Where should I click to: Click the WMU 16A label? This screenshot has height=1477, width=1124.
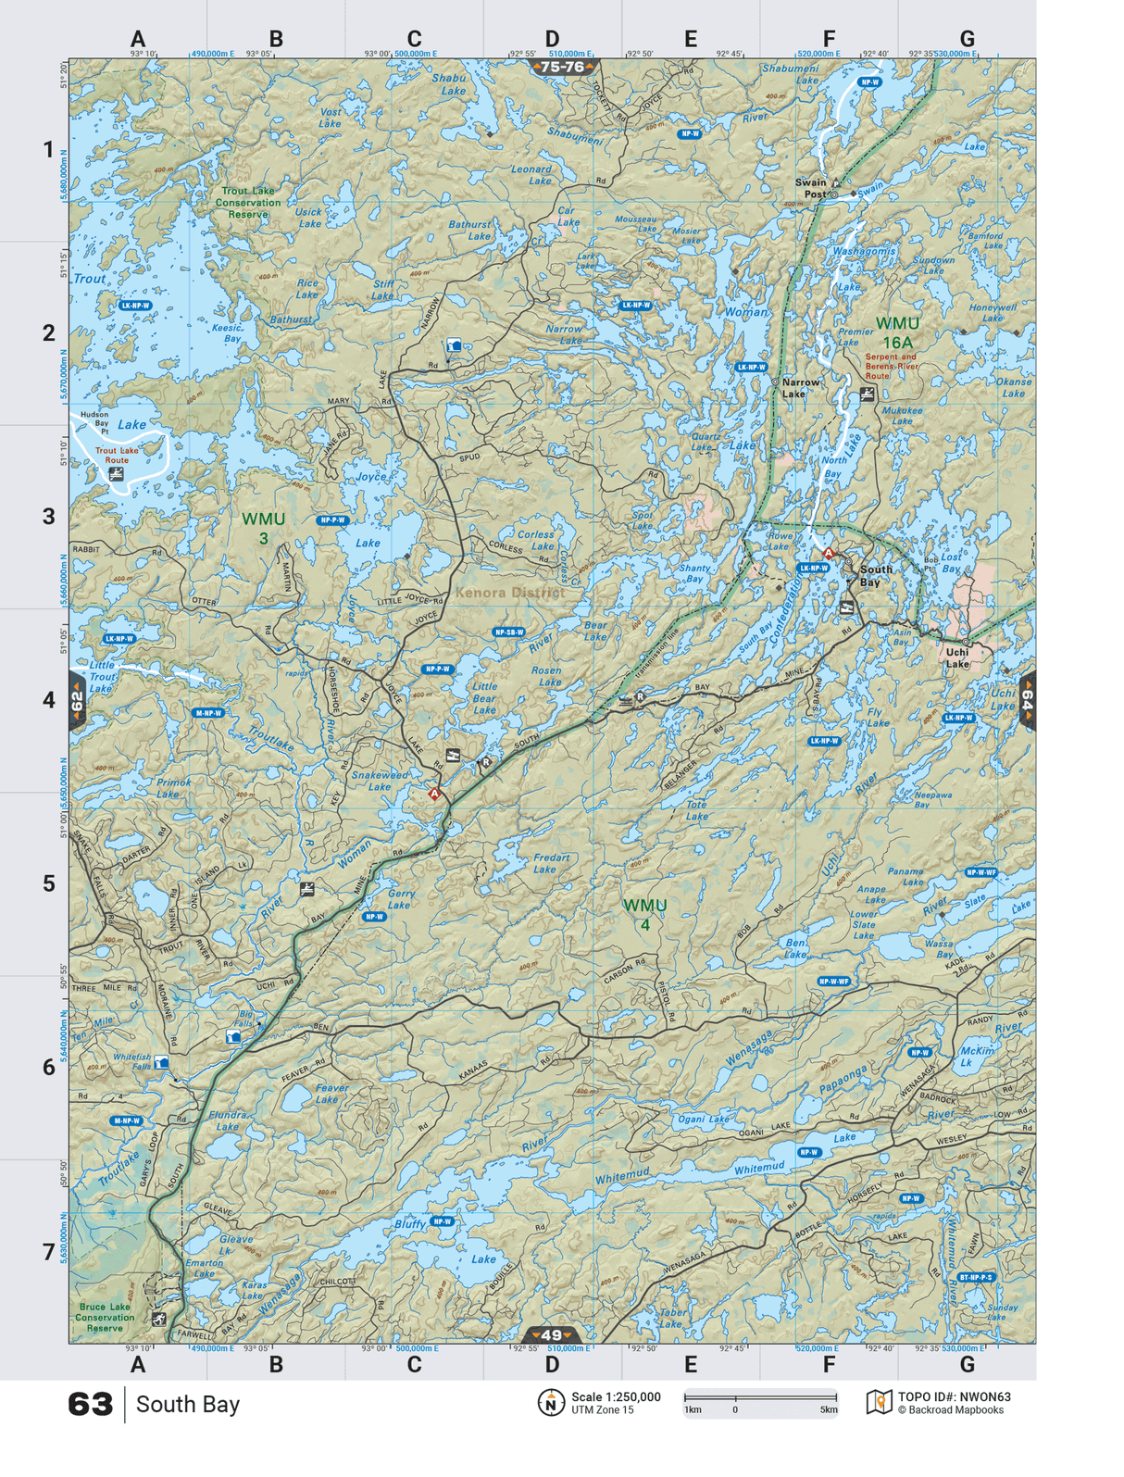tap(897, 332)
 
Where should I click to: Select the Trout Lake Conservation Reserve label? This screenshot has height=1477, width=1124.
tap(248, 203)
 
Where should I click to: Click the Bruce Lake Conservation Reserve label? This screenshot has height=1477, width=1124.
tap(105, 1317)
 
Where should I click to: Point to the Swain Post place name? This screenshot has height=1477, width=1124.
tap(811, 188)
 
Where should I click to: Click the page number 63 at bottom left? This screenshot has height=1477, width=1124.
tap(91, 1404)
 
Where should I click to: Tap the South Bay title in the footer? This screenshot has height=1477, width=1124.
tap(188, 1404)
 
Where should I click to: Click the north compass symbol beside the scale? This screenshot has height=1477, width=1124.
tap(551, 1402)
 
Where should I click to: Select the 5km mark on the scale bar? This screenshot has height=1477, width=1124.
tap(828, 1410)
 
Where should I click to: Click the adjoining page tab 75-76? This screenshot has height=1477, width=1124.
tap(563, 67)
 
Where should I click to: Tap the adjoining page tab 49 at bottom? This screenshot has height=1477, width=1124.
tap(552, 1334)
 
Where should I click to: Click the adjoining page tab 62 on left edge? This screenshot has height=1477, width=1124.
tap(77, 702)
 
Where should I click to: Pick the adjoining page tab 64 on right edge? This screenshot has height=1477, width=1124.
tap(1027, 700)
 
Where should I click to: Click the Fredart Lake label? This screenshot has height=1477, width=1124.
tap(551, 863)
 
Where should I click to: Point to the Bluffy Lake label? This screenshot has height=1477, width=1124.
tap(409, 1224)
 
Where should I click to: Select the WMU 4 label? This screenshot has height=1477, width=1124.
tap(644, 914)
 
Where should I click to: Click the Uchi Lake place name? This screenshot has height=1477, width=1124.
tap(957, 657)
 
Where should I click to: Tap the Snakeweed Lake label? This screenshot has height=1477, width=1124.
tap(380, 781)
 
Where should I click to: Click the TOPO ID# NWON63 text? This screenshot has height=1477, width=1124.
tap(954, 1396)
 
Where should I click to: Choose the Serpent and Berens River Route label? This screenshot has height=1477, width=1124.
tap(891, 366)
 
